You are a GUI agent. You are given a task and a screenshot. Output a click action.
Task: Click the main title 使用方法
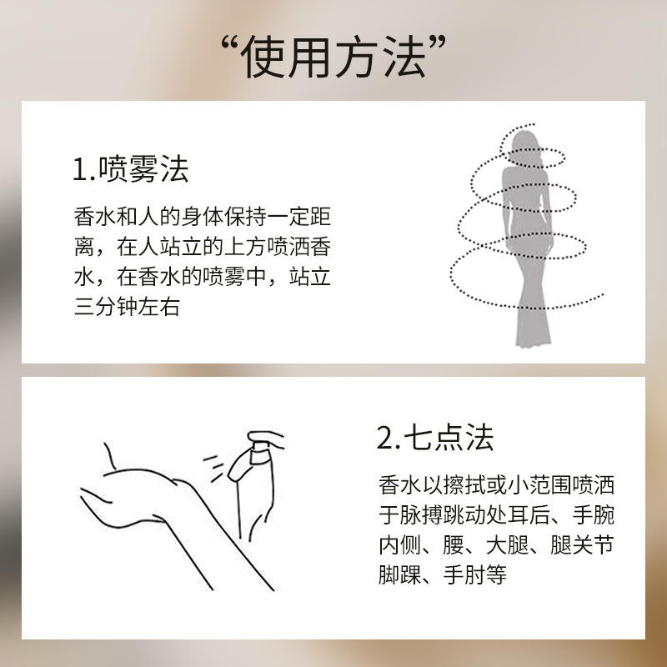pos(333,58)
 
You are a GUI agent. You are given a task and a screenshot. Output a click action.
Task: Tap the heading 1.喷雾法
pos(131,169)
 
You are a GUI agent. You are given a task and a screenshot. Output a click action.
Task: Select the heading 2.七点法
pos(435,437)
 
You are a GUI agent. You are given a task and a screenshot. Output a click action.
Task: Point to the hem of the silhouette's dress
pos(533,339)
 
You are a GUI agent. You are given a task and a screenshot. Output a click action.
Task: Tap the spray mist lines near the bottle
pos(214,467)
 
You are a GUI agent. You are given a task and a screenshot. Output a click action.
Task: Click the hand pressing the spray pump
pos(266,439)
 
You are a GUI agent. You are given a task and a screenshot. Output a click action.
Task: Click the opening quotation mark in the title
pos(230,44)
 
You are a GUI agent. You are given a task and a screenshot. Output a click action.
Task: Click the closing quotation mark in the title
pos(437,44)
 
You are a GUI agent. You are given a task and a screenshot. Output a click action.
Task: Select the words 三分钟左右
pos(127,306)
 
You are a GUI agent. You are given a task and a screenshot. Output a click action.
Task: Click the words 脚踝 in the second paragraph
pos(399,574)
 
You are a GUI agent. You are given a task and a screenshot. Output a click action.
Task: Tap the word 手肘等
pos(474,574)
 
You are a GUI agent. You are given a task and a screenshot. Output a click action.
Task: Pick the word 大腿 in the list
pos(507,544)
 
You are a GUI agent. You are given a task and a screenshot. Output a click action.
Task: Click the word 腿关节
pos(582,544)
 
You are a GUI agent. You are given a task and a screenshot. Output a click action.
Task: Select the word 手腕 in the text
pos(594,514)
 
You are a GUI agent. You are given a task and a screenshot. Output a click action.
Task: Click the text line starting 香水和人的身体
pos(203,216)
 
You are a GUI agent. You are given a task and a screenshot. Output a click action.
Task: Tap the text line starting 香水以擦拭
pos(496,485)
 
